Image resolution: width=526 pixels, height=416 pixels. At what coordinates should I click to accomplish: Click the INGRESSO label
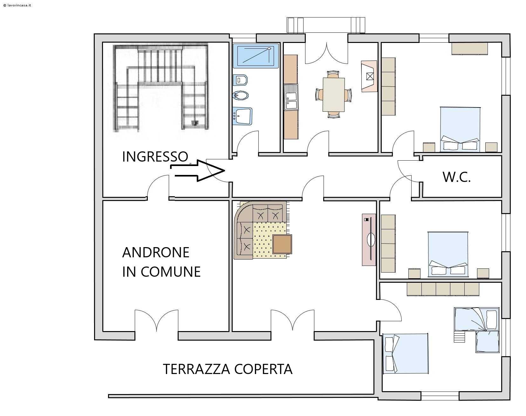click(155, 156)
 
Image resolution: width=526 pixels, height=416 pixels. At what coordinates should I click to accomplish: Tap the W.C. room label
click(456, 177)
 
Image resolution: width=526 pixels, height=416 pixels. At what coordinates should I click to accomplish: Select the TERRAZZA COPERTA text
click(228, 369)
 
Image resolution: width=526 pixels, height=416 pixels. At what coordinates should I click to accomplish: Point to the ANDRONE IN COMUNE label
click(161, 262)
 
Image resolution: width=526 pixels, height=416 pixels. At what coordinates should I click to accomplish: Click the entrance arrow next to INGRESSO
click(198, 171)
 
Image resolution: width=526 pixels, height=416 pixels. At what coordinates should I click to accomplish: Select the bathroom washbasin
click(242, 116)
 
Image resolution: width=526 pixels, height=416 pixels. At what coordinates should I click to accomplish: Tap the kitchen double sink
click(291, 97)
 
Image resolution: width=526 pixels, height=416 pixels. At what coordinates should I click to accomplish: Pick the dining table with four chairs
click(333, 94)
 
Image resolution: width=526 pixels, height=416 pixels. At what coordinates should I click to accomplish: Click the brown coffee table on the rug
click(282, 244)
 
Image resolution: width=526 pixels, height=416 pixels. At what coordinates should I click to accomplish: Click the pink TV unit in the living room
click(369, 239)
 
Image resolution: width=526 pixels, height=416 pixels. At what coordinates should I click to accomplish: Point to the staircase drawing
click(161, 88)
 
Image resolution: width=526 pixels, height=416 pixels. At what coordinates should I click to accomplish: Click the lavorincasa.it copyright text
click(17, 5)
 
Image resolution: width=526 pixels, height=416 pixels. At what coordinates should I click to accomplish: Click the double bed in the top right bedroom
click(460, 129)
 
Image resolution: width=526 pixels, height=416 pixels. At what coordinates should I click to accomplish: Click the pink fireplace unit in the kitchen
click(369, 76)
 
